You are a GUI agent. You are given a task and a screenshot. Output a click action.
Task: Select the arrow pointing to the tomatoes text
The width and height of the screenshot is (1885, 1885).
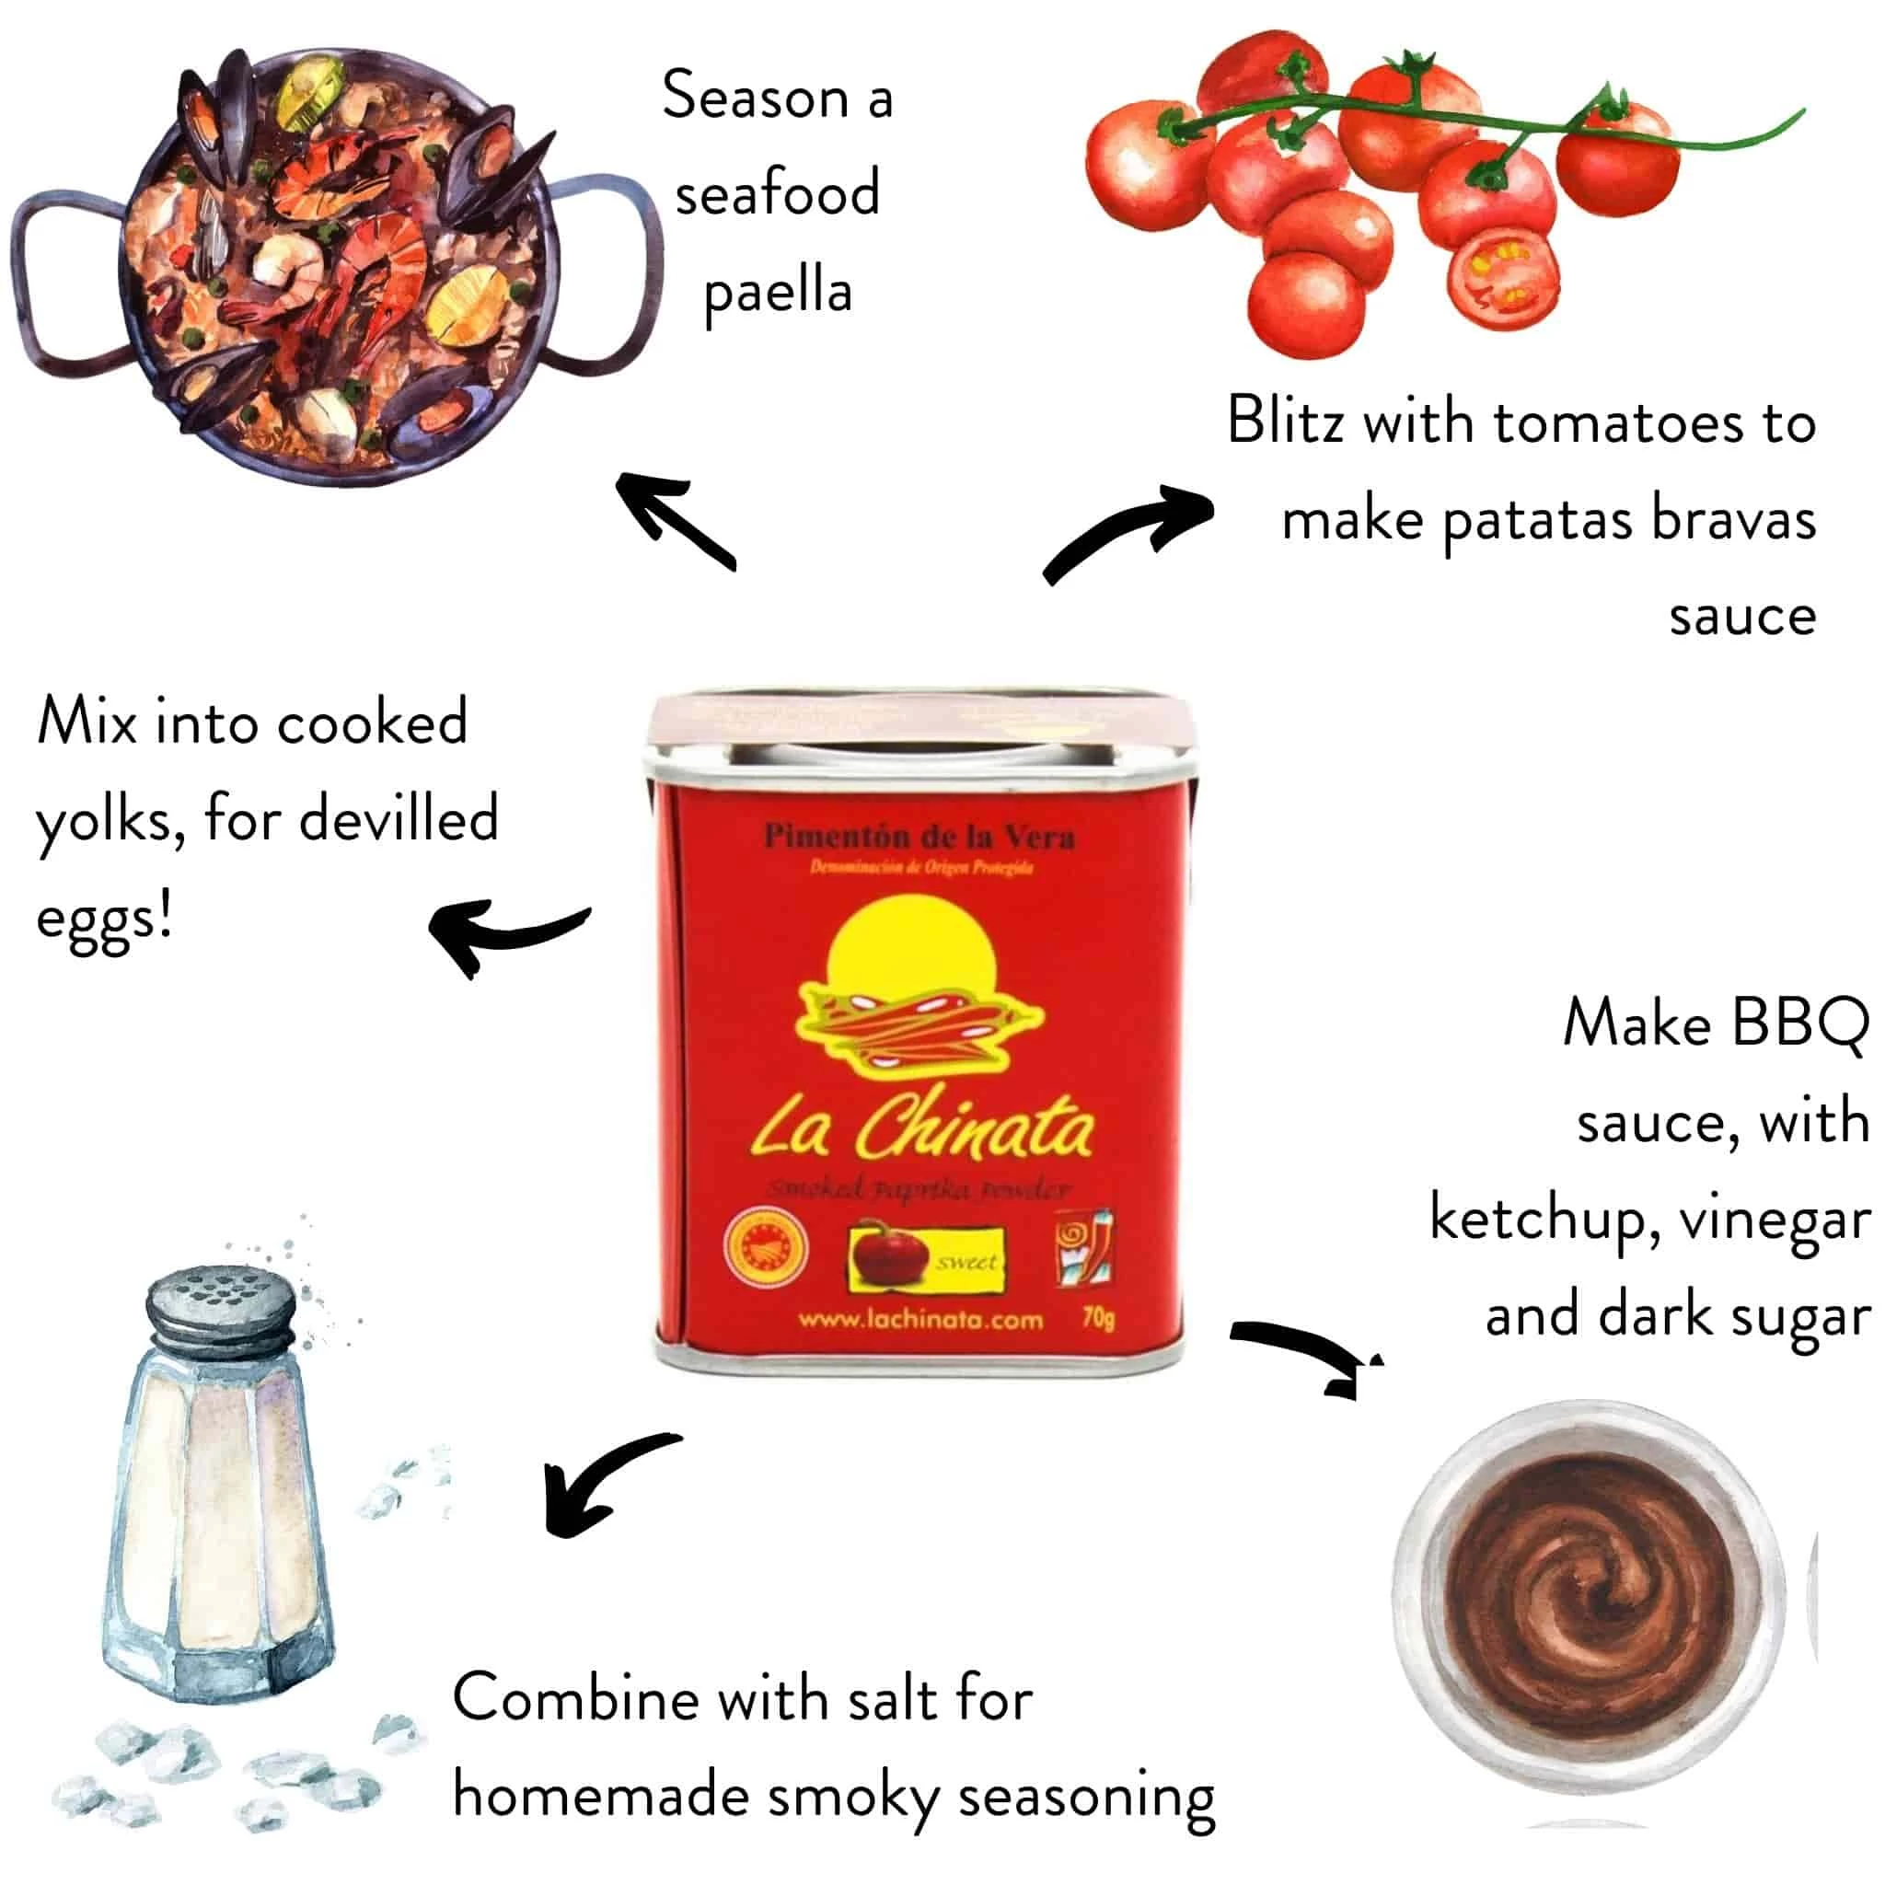coord(1132,532)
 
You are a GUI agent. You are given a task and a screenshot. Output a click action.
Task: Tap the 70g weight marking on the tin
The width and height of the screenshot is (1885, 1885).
coord(1098,1318)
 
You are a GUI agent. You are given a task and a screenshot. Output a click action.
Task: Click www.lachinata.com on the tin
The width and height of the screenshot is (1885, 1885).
coord(920,1320)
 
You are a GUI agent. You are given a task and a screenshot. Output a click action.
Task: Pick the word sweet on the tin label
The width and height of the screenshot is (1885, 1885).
coord(966,1263)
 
